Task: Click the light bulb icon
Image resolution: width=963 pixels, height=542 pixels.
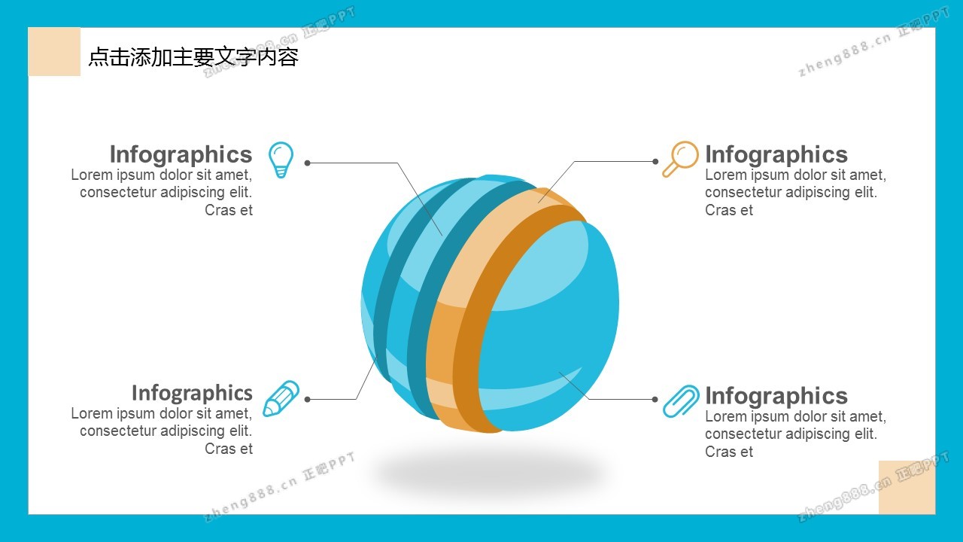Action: click(281, 160)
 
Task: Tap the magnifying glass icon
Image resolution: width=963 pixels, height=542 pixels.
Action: click(679, 159)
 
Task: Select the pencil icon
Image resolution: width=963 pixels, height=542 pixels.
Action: click(281, 398)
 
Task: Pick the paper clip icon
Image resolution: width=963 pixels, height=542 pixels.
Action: click(681, 400)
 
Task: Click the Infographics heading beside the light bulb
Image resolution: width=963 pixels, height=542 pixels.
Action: click(181, 154)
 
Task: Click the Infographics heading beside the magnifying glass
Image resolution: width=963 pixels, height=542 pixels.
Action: click(776, 154)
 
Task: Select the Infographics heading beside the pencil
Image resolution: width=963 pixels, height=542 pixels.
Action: click(192, 393)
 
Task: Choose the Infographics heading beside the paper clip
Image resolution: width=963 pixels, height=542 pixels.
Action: click(776, 396)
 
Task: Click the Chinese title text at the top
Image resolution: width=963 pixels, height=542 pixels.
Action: click(193, 57)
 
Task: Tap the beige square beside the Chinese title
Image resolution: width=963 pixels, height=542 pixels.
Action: click(54, 52)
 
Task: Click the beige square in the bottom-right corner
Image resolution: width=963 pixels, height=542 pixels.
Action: click(907, 487)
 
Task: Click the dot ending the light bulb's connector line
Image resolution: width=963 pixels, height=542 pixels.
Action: click(307, 163)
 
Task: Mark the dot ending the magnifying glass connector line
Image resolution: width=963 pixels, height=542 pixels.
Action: click(655, 161)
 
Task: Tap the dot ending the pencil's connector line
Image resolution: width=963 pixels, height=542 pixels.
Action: click(307, 399)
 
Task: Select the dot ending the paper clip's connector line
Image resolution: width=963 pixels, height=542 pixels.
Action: click(655, 399)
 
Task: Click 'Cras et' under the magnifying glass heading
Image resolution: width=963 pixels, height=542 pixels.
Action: click(728, 210)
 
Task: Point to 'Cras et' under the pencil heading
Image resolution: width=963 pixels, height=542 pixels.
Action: click(229, 449)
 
